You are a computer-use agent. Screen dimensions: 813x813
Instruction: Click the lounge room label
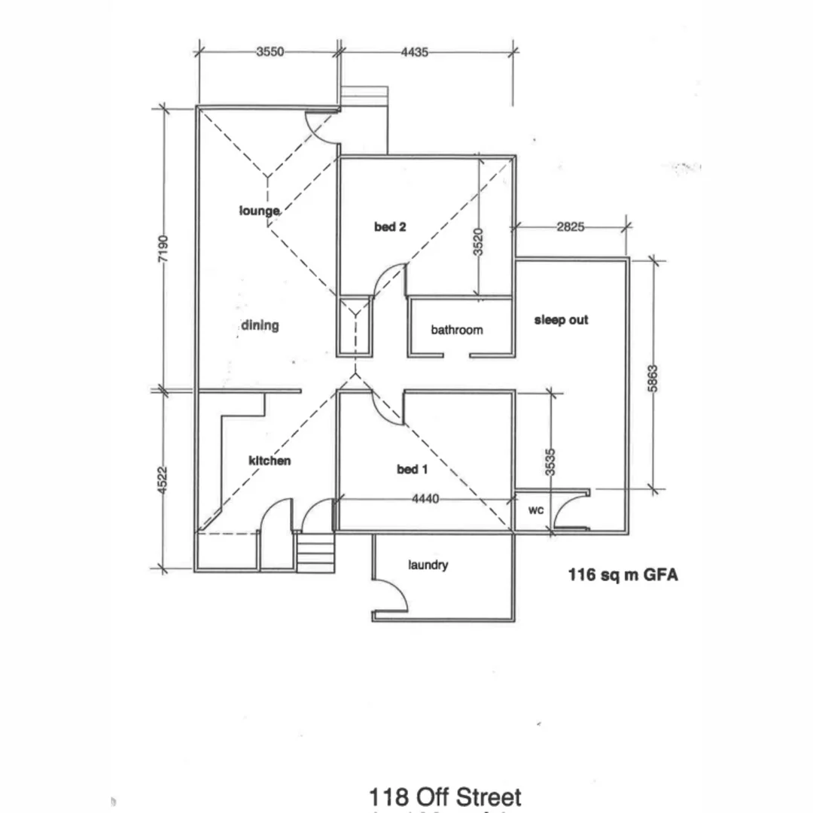(x=260, y=211)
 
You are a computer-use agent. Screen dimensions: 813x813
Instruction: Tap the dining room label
(x=260, y=325)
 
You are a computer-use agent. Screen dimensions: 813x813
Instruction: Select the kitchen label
(x=269, y=460)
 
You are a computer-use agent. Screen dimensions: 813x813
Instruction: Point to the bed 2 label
(x=390, y=227)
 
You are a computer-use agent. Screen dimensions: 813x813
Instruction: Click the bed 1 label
(x=412, y=470)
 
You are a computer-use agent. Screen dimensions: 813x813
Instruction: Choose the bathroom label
(x=457, y=330)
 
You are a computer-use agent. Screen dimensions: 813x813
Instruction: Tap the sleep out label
(x=561, y=320)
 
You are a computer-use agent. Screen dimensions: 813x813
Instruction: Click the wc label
(x=535, y=510)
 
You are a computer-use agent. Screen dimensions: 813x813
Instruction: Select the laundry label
(x=428, y=565)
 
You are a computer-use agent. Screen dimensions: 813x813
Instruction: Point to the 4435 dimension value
(x=415, y=53)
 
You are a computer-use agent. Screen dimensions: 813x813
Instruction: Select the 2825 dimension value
(x=570, y=227)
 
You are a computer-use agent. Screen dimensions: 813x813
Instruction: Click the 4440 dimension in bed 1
(x=428, y=498)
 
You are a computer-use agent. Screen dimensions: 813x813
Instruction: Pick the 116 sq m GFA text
(x=623, y=576)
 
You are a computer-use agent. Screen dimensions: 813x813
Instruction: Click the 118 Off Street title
(x=445, y=797)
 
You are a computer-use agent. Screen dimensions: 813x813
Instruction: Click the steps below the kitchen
(x=315, y=553)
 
